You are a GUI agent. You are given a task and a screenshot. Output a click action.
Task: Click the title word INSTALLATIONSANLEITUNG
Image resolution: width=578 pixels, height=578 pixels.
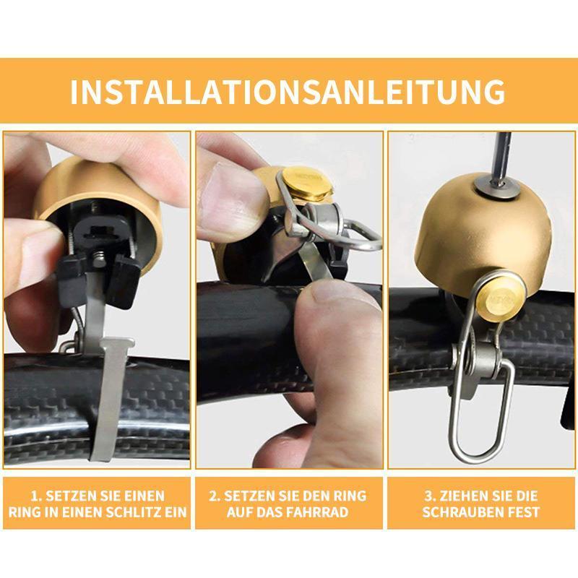(x=288, y=91)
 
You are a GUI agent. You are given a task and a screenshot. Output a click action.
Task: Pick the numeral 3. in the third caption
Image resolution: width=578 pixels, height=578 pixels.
(x=430, y=496)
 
